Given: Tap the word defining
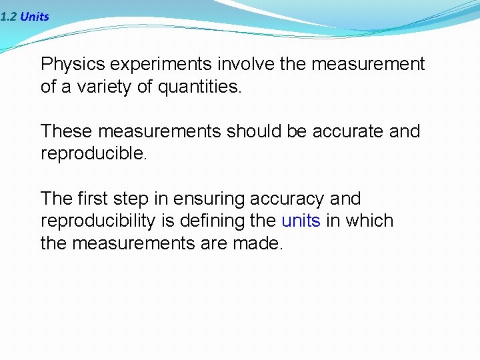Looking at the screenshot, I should click(213, 221).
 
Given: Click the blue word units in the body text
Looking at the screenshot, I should click(301, 221).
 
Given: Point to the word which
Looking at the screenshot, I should click(370, 221).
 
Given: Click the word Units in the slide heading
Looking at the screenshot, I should click(35, 17).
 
